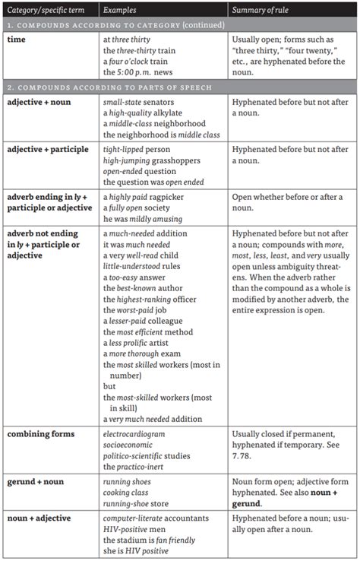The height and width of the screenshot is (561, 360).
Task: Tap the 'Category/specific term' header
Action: click(47, 8)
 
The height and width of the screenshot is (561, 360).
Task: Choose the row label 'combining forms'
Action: click(41, 434)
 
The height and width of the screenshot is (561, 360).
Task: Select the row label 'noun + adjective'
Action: click(39, 518)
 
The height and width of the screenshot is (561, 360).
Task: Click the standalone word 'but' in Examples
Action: click(109, 386)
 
